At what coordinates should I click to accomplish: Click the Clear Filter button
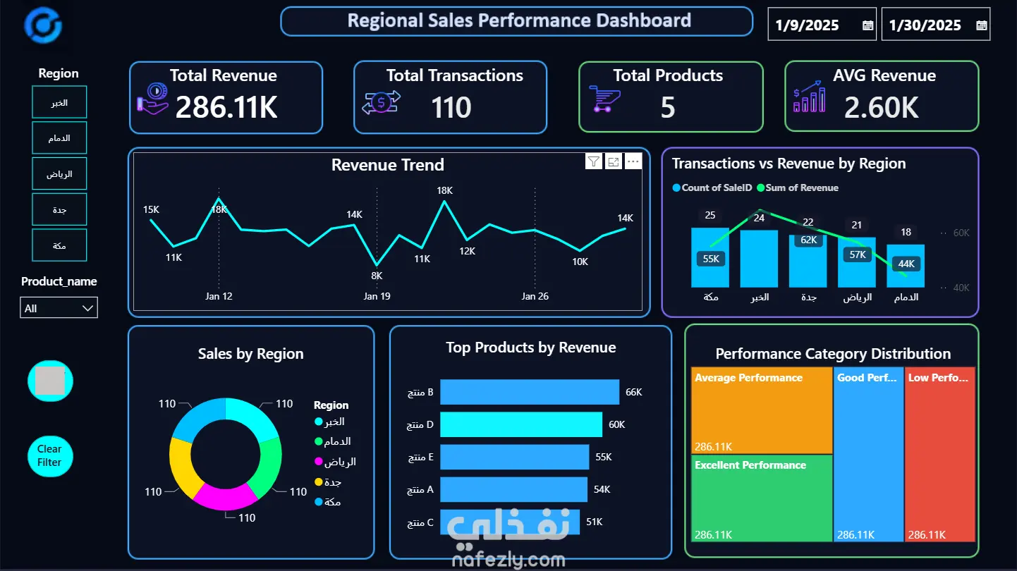click(50, 455)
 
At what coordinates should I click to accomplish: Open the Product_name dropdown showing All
click(59, 308)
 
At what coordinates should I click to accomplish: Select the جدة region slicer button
click(59, 209)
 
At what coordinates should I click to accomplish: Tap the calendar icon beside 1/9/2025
click(867, 25)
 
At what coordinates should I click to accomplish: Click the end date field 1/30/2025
click(935, 25)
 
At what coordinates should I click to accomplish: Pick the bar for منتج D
click(520, 424)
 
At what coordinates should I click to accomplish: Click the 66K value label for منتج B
click(633, 392)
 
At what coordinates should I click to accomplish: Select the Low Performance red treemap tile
click(939, 454)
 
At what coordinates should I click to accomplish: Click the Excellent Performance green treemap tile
click(762, 498)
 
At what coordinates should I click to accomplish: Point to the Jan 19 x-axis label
click(377, 296)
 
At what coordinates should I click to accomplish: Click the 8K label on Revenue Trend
click(377, 276)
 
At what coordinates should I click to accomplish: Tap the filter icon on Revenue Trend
click(593, 161)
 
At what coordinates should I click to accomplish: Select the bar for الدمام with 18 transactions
click(906, 266)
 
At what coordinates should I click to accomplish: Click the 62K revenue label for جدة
click(808, 240)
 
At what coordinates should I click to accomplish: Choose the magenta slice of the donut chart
click(226, 498)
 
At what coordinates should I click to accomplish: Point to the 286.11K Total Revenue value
click(226, 107)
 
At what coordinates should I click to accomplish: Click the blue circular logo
click(43, 25)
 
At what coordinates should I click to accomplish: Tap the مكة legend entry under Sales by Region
click(327, 501)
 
